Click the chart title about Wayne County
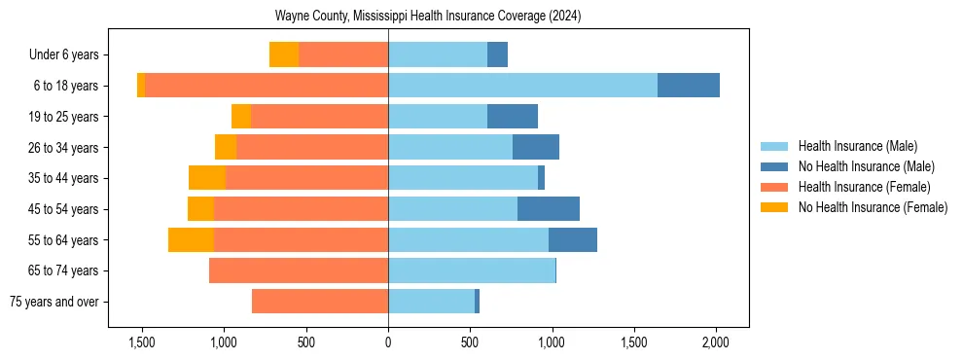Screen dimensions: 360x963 428,17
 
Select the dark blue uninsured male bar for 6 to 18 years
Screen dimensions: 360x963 688,86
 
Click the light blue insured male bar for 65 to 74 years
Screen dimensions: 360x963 472,270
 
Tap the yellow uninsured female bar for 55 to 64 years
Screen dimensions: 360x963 191,239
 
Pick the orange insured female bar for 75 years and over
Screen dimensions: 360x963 320,302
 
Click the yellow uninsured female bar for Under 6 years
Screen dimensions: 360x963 284,54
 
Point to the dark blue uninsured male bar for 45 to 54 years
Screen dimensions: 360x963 548,209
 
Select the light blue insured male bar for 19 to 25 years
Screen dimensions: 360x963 438,117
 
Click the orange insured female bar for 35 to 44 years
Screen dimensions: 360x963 306,178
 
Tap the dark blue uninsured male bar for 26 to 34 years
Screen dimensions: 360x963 535,147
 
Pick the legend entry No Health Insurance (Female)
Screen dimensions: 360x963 873,207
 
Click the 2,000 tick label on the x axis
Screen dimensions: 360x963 716,342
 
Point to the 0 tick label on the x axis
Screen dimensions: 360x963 388,342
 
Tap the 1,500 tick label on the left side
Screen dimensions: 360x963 142,342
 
